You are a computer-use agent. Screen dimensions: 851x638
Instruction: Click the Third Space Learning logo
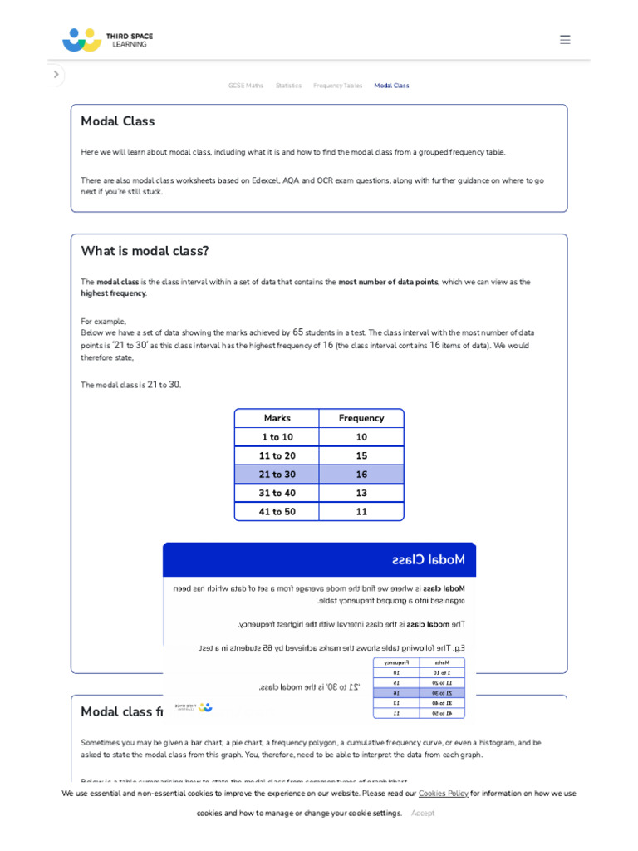(x=107, y=40)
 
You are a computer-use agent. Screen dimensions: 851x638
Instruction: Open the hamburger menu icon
(x=565, y=40)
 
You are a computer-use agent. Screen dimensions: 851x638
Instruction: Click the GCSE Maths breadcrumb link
(x=246, y=86)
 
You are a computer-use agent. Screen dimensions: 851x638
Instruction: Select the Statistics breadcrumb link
(x=288, y=86)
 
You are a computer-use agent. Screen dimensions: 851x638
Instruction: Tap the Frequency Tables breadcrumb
(x=337, y=86)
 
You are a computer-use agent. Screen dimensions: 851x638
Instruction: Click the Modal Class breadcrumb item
(x=391, y=86)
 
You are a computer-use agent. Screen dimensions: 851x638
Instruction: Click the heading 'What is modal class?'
(x=145, y=251)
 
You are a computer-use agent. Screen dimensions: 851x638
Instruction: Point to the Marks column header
(x=277, y=418)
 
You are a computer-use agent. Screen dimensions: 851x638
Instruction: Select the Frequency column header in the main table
(x=361, y=418)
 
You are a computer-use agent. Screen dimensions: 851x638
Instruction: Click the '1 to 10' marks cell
(x=277, y=437)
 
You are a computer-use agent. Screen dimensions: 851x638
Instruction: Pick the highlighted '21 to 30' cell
(x=277, y=475)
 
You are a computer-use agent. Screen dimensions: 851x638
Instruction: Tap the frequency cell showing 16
(x=361, y=475)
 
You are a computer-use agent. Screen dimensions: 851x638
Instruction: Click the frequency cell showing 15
(x=361, y=456)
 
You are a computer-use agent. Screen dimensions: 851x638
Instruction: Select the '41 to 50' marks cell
(x=277, y=512)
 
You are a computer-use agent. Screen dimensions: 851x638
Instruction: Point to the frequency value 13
(x=361, y=494)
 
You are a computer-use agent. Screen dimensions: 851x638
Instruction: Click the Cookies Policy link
(x=443, y=794)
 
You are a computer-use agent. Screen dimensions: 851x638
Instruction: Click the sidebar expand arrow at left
(x=56, y=75)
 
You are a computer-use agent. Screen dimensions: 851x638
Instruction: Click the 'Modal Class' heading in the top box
(x=118, y=121)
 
